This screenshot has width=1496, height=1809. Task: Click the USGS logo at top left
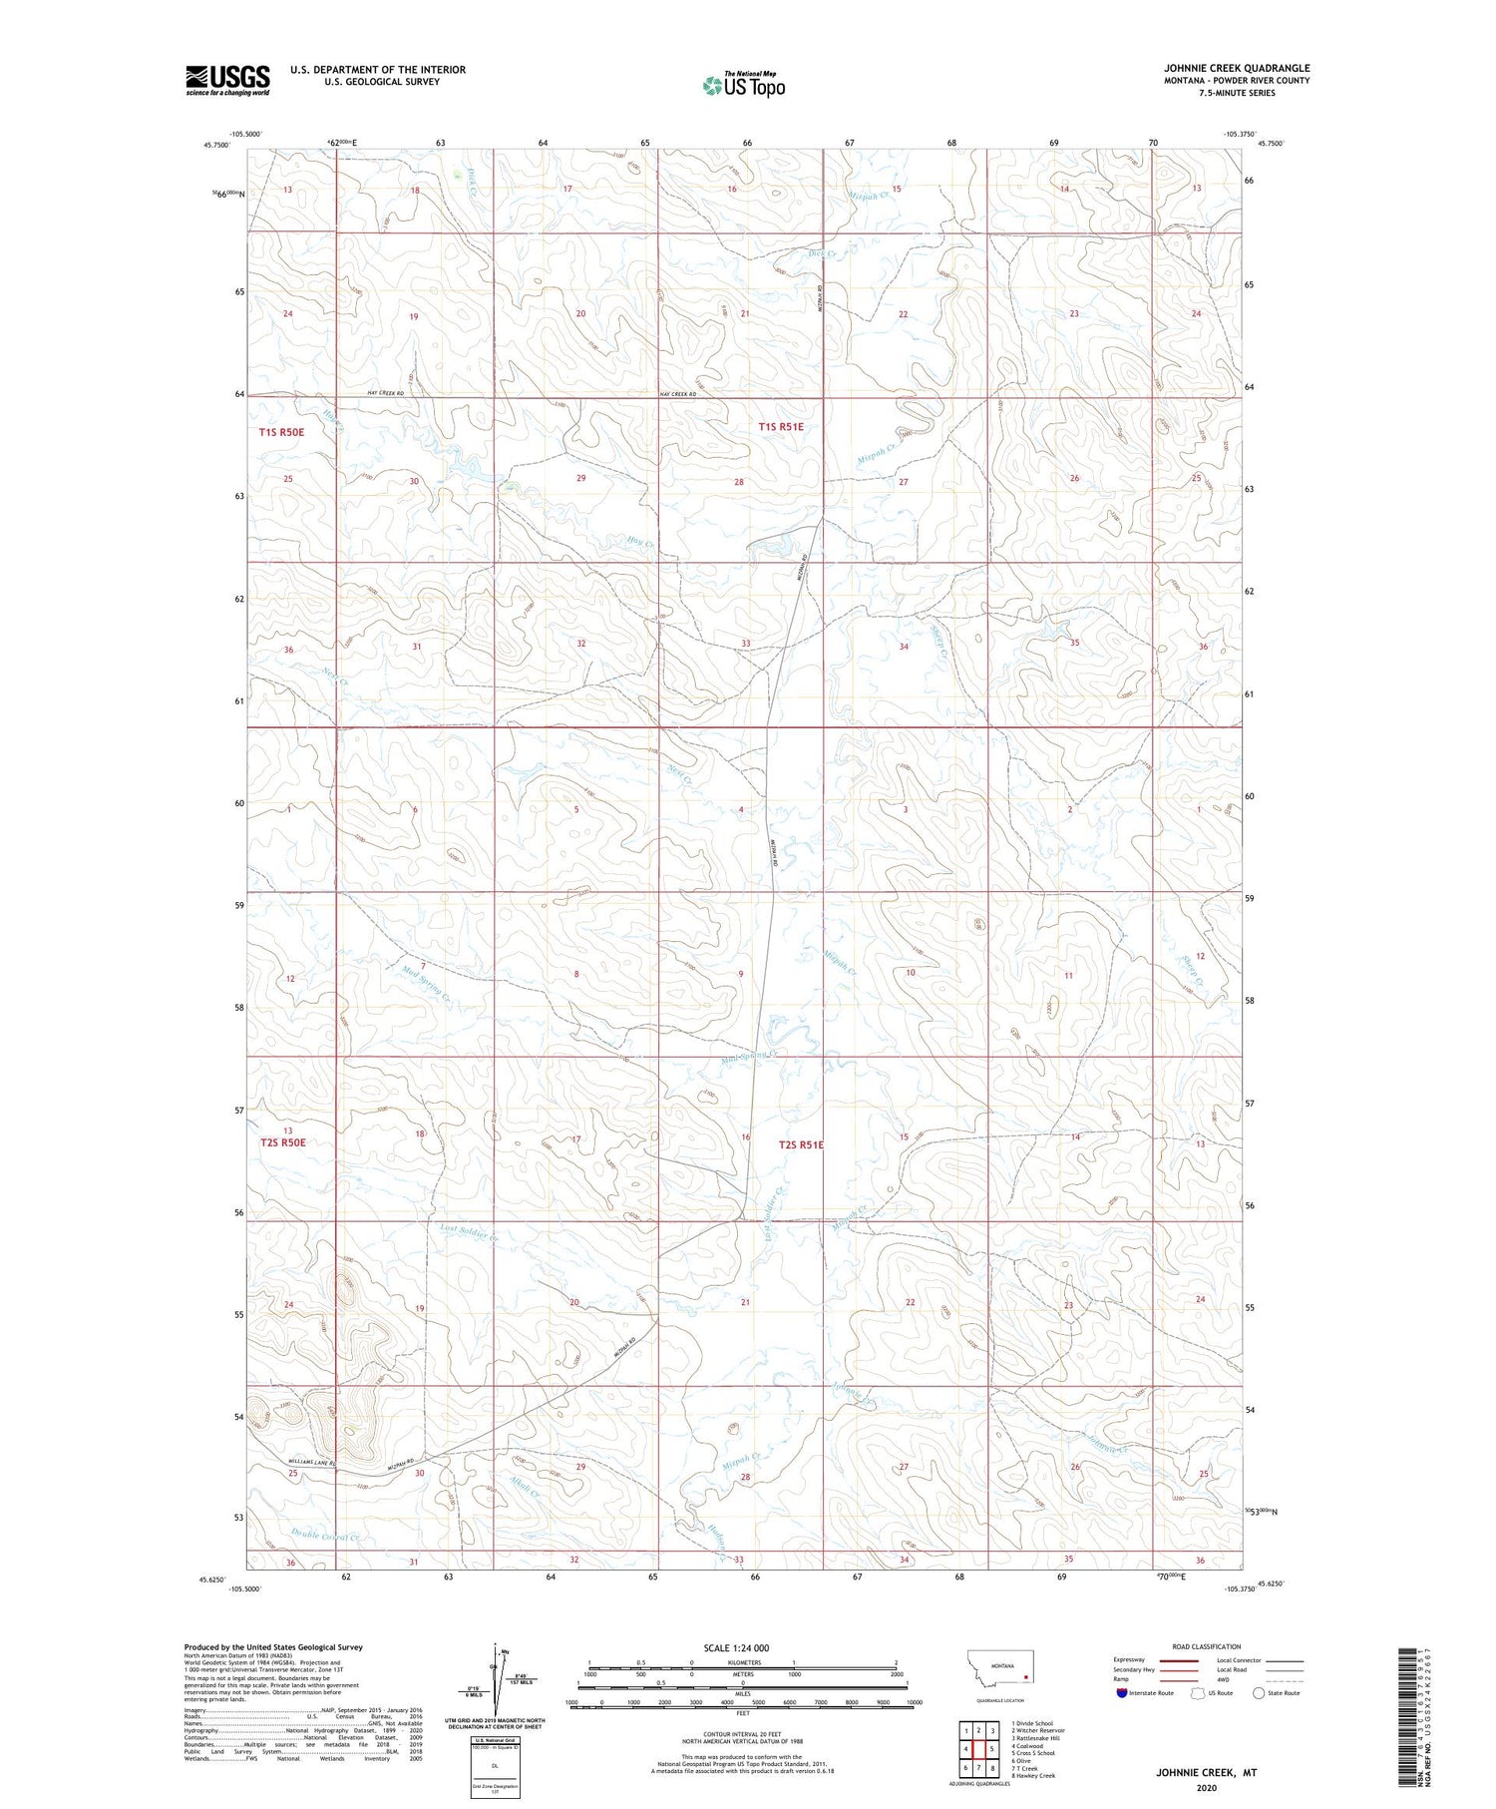[x=227, y=80]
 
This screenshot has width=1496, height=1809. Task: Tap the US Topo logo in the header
[x=744, y=85]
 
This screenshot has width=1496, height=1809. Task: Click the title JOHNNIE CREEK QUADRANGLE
[x=1236, y=69]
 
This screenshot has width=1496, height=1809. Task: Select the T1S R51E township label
[x=781, y=427]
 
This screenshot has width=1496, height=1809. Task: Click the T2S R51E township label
[x=801, y=1145]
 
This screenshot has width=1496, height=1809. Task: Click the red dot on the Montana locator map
[x=1025, y=1677]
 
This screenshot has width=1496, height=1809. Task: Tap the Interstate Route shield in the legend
[x=1122, y=1693]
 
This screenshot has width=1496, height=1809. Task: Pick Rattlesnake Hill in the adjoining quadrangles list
[x=1037, y=1737]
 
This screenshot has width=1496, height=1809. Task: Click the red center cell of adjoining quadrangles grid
[x=979, y=1748]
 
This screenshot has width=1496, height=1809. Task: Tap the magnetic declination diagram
[x=496, y=1685]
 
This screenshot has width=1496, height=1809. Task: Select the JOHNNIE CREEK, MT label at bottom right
[x=1206, y=1773]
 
